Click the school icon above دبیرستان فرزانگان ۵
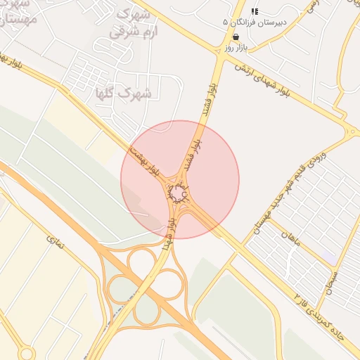pyautogui.click(x=255, y=11)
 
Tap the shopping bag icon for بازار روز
pyautogui.click(x=235, y=37)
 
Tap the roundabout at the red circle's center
pyautogui.click(x=179, y=192)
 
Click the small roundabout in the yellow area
pyautogui.click(x=27, y=352)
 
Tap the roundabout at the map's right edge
pyautogui.click(x=352, y=131)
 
